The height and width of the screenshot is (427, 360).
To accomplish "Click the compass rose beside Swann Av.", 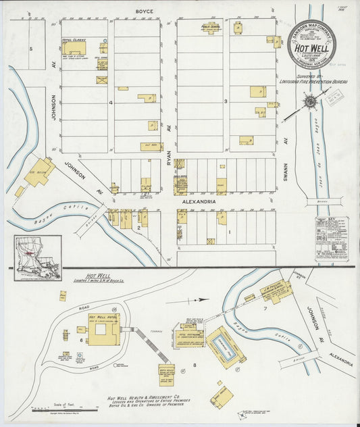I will (311, 102).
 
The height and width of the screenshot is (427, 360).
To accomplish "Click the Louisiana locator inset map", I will (38, 257).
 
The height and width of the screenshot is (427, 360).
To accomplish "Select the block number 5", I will (31, 49).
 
